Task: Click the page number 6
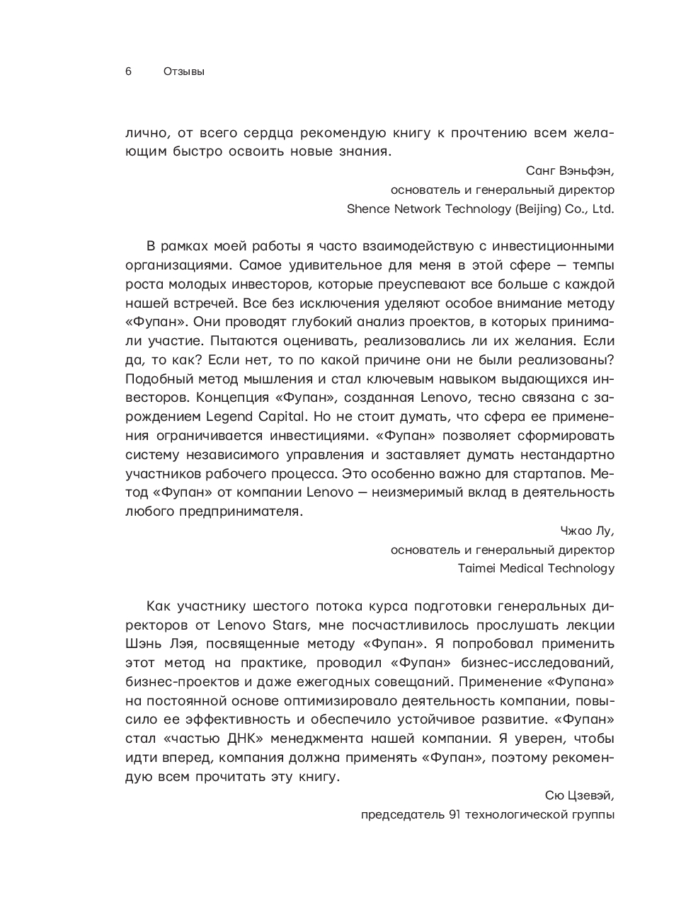(x=128, y=71)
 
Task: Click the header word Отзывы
(x=183, y=71)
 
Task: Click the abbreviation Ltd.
(x=602, y=209)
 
